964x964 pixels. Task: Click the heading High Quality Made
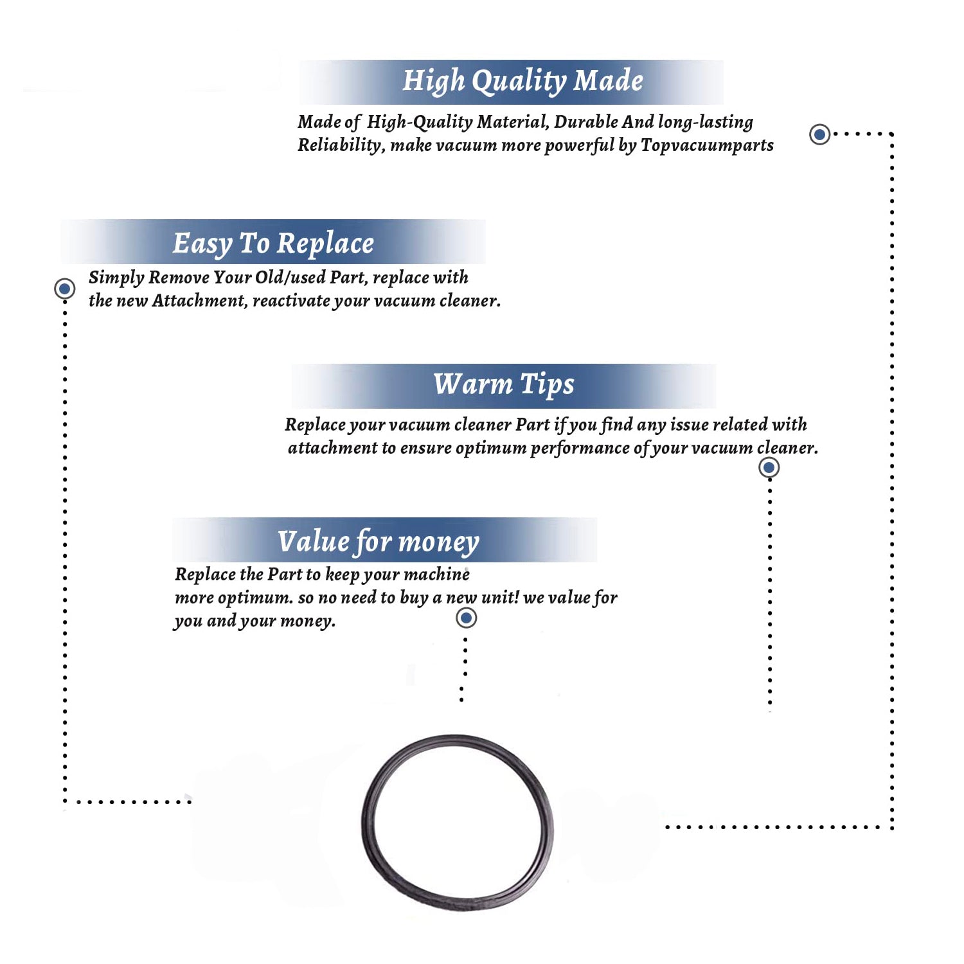click(x=522, y=82)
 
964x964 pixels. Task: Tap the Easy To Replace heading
click(x=273, y=244)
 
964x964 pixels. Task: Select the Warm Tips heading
click(x=503, y=385)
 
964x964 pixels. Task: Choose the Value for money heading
click(x=378, y=542)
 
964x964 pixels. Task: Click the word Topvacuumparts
click(x=707, y=146)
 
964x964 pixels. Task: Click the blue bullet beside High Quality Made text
click(x=819, y=134)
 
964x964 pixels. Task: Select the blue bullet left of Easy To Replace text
click(x=64, y=289)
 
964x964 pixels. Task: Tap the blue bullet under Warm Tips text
click(x=769, y=467)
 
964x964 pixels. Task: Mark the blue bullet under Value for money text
click(x=466, y=618)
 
